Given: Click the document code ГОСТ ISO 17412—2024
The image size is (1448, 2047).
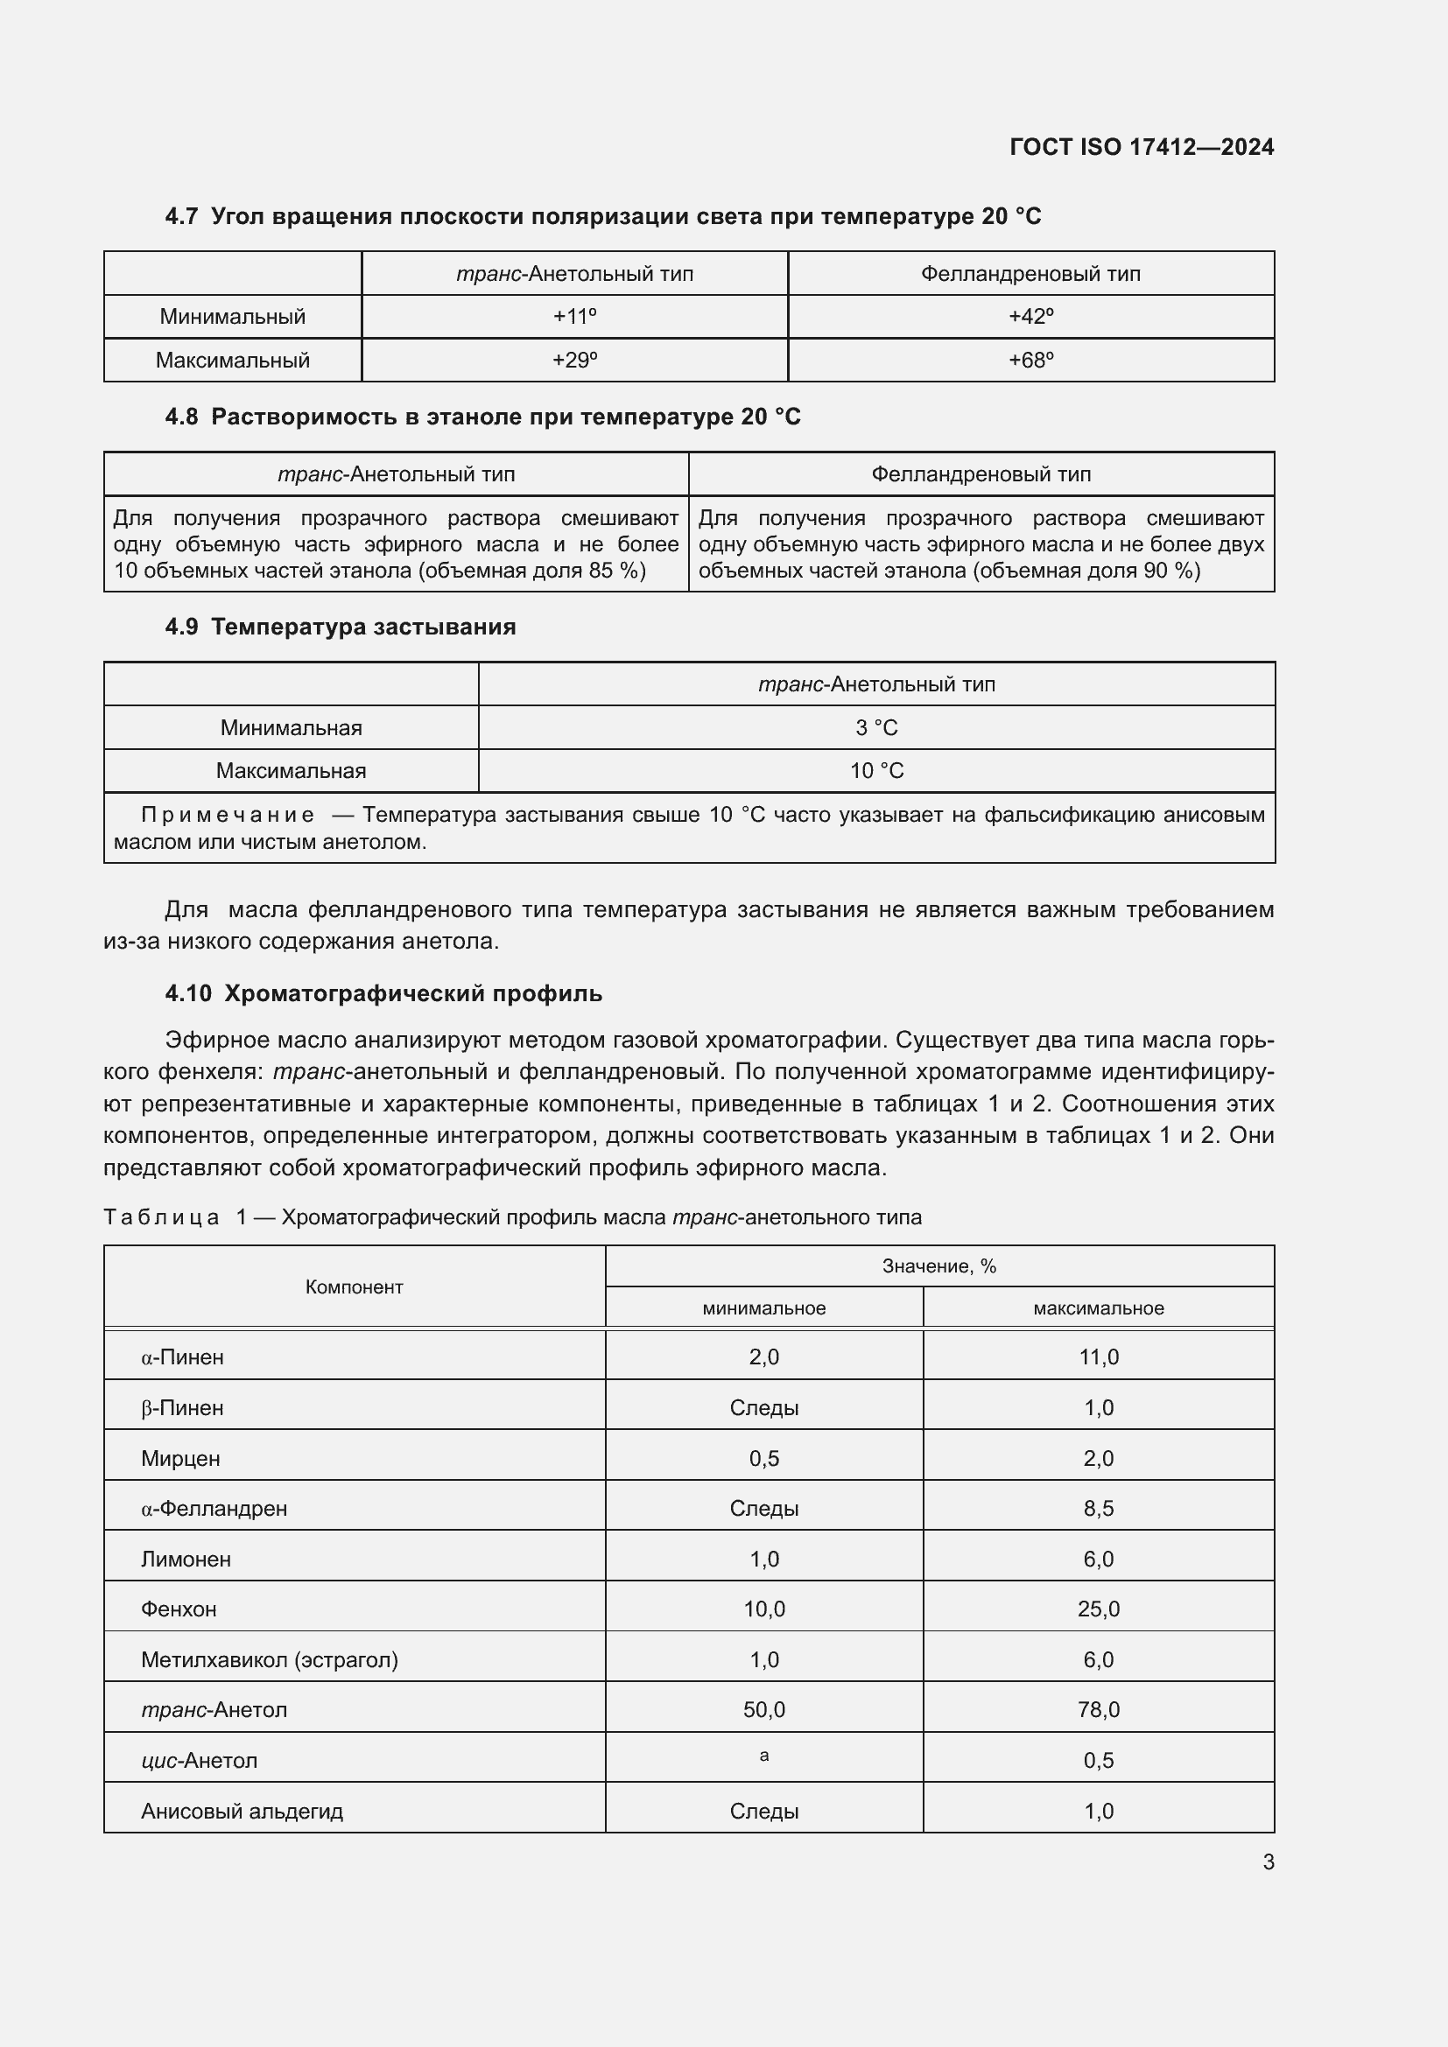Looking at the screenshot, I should (1142, 147).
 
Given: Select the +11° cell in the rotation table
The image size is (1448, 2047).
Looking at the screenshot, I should (574, 317).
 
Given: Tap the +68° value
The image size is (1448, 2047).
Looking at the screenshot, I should (1030, 361).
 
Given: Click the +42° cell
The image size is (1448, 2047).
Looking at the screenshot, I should (1030, 317).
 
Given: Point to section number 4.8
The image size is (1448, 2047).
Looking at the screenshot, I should (181, 417).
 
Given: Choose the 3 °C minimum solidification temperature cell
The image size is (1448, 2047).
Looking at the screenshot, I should (875, 727).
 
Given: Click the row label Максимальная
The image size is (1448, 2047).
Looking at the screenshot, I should (291, 770).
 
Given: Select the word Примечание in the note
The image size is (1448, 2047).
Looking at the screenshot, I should (228, 815).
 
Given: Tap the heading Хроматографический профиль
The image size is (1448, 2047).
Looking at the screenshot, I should (413, 993).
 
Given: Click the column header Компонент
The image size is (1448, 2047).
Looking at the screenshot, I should (354, 1286).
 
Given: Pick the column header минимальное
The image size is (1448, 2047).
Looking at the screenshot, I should (763, 1307).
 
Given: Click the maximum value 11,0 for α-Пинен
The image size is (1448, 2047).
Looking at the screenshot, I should (1098, 1357).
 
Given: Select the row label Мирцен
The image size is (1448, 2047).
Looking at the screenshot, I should (180, 1458).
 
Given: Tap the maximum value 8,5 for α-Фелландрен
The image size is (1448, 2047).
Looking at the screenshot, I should (1098, 1509).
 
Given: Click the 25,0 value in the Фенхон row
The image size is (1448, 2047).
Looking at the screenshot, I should (1098, 1609).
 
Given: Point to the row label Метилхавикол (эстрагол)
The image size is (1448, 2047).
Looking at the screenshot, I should (270, 1659).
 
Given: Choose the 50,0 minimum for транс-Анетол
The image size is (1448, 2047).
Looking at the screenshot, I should (763, 1709).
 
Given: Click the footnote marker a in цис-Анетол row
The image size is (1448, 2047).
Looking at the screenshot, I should (763, 1756).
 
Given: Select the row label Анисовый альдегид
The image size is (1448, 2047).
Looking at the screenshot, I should (242, 1810).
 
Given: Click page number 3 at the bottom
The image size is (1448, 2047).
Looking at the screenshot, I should (1268, 1861).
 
